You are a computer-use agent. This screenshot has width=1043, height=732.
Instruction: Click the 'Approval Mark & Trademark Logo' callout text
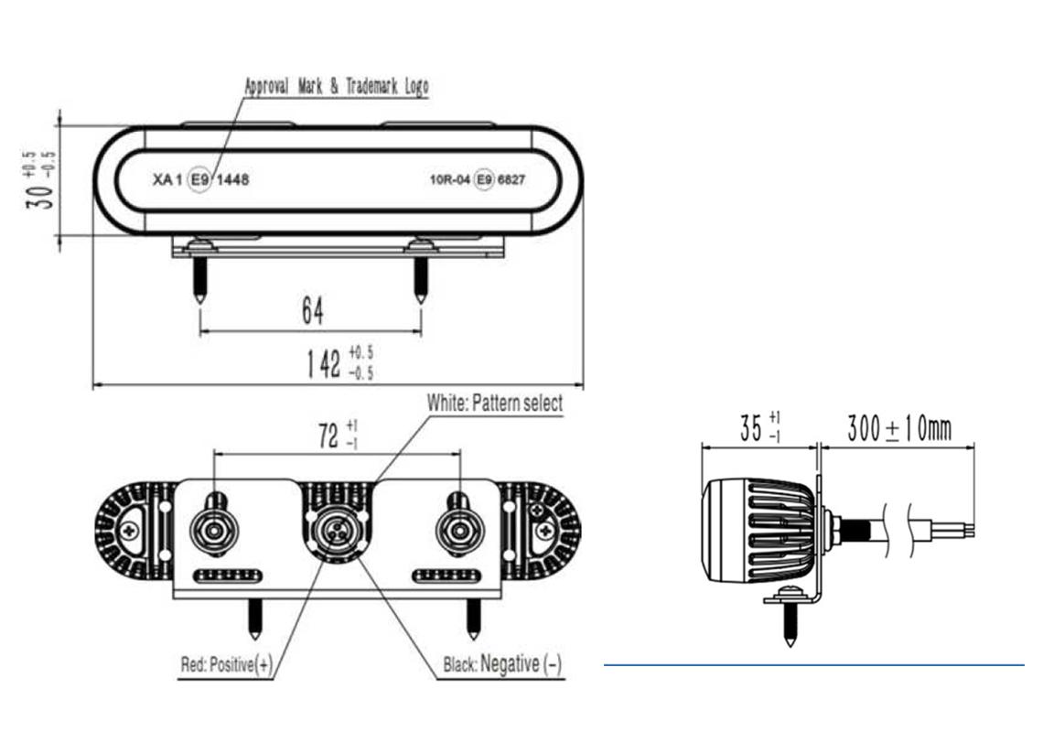coord(336,86)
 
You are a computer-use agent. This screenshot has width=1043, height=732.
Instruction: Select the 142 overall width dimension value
coord(323,363)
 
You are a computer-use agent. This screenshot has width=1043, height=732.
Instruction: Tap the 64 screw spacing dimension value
coord(312,312)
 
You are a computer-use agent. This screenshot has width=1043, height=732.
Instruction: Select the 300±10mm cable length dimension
coord(898,428)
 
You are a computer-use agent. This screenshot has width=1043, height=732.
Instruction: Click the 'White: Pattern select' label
coord(494,403)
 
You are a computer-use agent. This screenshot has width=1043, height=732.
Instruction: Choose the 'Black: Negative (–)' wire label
coord(502,664)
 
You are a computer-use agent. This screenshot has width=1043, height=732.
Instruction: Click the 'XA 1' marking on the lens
coord(167,180)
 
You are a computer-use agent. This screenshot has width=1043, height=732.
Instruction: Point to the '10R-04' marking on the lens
coord(449,180)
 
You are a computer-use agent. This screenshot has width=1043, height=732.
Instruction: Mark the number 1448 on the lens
coord(231,180)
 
